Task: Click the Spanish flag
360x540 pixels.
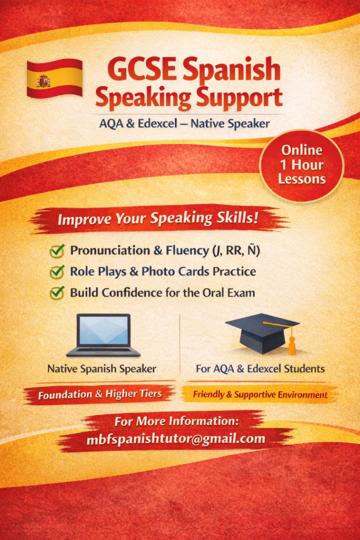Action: pyautogui.click(x=55, y=78)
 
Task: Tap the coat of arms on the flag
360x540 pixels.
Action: pyautogui.click(x=43, y=81)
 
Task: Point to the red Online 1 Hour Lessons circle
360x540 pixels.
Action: pyautogui.click(x=301, y=164)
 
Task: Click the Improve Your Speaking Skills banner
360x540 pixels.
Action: pyautogui.click(x=158, y=218)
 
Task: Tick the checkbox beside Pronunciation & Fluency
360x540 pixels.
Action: pyautogui.click(x=57, y=251)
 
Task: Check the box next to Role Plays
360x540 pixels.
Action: pyautogui.click(x=57, y=272)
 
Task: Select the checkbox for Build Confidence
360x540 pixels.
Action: pyautogui.click(x=57, y=293)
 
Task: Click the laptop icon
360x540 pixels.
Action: pyautogui.click(x=103, y=335)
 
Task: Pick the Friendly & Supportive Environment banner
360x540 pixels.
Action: pyautogui.click(x=260, y=394)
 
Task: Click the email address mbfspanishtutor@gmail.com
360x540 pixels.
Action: pyautogui.click(x=176, y=439)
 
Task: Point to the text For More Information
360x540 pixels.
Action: pyautogui.click(x=177, y=422)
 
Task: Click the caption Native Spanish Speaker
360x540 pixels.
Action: pyautogui.click(x=102, y=369)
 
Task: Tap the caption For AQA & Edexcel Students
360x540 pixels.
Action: pyautogui.click(x=260, y=369)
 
